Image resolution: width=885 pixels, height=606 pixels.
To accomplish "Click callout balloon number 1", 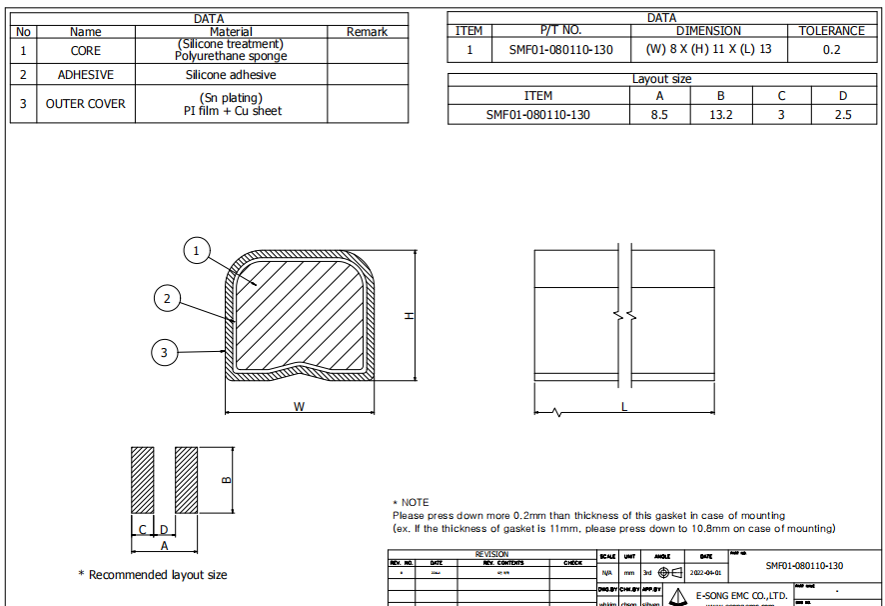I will [x=198, y=250].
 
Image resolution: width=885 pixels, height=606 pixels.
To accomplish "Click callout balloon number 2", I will [x=168, y=298].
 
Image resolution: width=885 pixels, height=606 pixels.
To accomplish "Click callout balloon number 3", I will [x=165, y=351].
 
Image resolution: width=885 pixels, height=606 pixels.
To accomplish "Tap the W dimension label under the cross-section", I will [x=299, y=406].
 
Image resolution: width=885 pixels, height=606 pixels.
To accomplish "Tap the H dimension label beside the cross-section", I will [x=408, y=315].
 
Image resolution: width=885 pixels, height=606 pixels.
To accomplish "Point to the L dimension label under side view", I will [x=624, y=407].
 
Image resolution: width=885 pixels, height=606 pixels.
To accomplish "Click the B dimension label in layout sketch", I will [x=226, y=480].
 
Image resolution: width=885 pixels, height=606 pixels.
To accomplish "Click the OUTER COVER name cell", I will [x=86, y=104].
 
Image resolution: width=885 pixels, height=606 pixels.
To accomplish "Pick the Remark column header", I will [x=367, y=32].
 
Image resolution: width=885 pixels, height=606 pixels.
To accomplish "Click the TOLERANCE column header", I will [x=831, y=31].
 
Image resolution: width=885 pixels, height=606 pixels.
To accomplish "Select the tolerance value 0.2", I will [x=831, y=49].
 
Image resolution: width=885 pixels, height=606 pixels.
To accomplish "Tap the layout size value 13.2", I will [x=720, y=114].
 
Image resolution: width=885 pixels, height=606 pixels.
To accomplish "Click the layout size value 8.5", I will [x=659, y=114].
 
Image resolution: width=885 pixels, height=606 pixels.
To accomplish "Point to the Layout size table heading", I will [x=661, y=79].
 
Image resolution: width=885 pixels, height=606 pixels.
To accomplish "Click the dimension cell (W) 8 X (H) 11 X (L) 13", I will [x=709, y=49].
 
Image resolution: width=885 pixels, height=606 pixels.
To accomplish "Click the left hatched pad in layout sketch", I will [x=143, y=478].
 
